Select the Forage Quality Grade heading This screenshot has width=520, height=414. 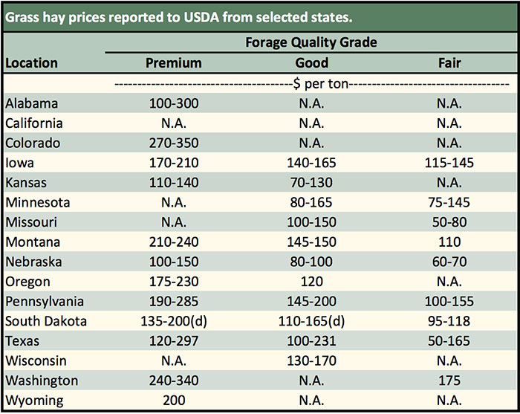[x=311, y=42]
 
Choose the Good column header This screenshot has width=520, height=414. [x=311, y=63]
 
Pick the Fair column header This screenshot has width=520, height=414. [x=449, y=63]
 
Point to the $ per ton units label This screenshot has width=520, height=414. [x=311, y=84]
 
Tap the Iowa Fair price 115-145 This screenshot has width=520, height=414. [x=449, y=163]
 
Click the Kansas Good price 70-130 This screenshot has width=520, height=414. [x=311, y=183]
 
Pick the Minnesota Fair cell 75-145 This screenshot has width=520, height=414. [x=449, y=202]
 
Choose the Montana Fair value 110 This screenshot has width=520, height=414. [x=449, y=242]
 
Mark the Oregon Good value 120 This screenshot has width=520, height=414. [x=311, y=282]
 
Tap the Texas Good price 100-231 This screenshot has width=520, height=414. [x=311, y=341]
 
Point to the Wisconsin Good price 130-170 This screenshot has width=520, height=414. [x=311, y=361]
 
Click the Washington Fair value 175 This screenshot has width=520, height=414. [x=449, y=381]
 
